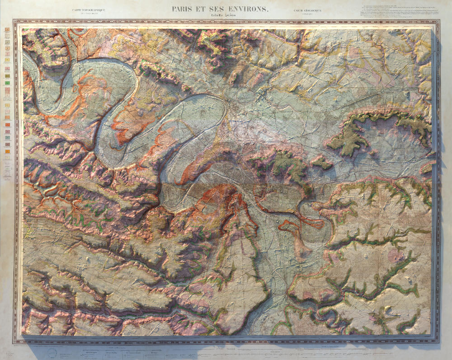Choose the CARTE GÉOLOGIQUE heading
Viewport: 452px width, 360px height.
click(307, 10)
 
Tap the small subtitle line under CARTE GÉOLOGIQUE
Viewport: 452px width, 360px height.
click(307, 14)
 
